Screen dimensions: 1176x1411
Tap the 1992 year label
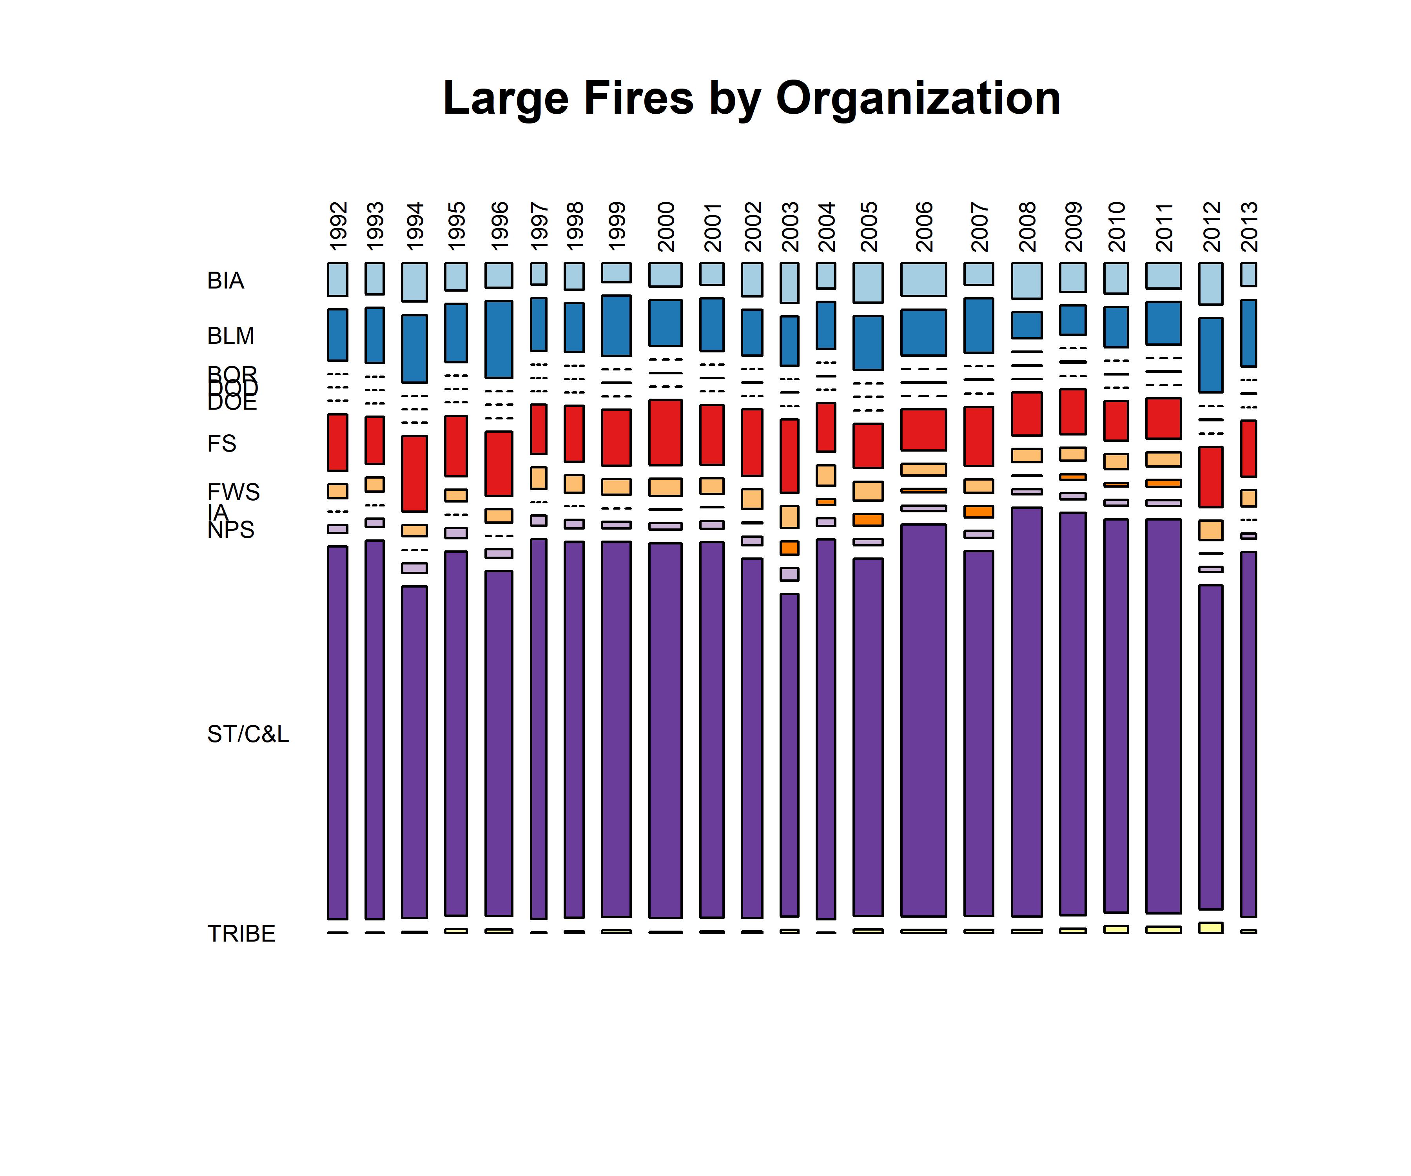pos(338,227)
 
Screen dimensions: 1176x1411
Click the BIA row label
pos(226,280)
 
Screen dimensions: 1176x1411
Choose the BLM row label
pos(230,335)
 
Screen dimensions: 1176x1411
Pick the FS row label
pos(222,443)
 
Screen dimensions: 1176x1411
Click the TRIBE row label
pos(241,933)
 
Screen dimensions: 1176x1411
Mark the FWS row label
pos(233,492)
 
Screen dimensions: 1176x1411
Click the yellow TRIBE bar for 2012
pos(1211,927)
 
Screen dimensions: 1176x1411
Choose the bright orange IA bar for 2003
pos(789,548)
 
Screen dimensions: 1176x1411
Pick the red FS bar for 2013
pos(1248,448)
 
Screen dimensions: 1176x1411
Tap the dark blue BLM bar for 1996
pos(499,339)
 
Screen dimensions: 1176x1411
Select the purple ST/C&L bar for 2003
pos(789,755)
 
